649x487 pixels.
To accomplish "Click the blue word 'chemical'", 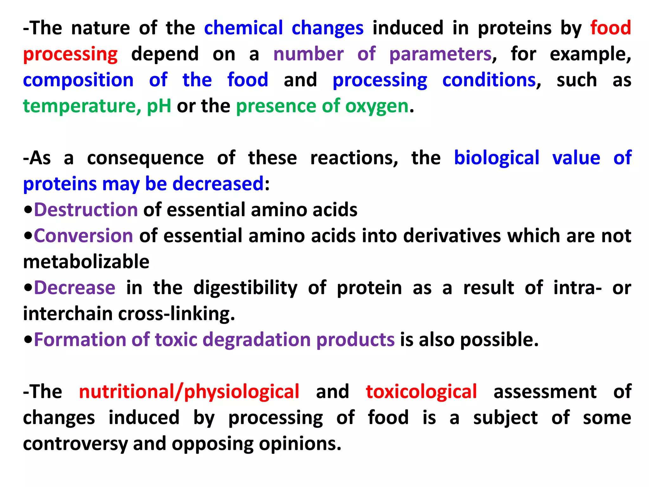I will (243, 28).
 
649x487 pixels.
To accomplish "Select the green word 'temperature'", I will (80, 106).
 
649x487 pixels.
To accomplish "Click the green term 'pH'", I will (159, 106).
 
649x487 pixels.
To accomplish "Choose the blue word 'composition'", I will (78, 80).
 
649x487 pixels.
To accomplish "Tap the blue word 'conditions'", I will (489, 80).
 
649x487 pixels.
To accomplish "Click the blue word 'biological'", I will (497, 158).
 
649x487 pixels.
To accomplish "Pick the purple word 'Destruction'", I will (86, 210).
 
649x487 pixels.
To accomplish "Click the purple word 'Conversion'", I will (83, 236).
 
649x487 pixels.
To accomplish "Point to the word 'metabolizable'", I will (86, 262).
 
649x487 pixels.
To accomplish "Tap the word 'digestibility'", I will (245, 288).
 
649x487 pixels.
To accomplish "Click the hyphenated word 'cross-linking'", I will (176, 314).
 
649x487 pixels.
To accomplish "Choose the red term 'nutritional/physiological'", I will (189, 392).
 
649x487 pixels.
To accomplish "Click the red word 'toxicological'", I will (421, 392).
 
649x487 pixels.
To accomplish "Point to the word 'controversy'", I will (75, 444).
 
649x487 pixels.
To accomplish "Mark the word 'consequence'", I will (145, 158).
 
